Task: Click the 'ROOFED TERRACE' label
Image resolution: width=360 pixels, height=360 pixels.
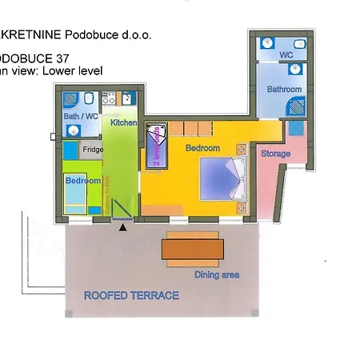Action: click(x=131, y=296)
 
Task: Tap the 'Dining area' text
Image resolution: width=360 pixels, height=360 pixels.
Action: click(x=217, y=275)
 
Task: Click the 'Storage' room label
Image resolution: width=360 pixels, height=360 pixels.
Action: click(x=275, y=154)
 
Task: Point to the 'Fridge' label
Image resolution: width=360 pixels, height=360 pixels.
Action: click(x=94, y=149)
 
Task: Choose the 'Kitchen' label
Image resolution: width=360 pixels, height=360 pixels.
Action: click(x=124, y=123)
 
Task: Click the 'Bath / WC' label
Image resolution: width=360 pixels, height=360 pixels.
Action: click(x=80, y=117)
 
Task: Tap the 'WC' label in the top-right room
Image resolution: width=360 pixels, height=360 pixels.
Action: click(x=286, y=55)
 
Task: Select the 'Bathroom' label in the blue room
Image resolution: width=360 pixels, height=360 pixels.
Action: click(x=284, y=90)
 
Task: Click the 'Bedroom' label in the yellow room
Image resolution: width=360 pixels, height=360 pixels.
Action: click(x=202, y=148)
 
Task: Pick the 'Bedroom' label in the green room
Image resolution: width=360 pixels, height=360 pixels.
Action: click(x=83, y=181)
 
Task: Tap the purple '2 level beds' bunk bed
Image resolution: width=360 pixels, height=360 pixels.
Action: click(x=156, y=144)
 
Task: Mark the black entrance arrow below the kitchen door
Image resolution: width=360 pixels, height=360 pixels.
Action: click(x=122, y=228)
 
